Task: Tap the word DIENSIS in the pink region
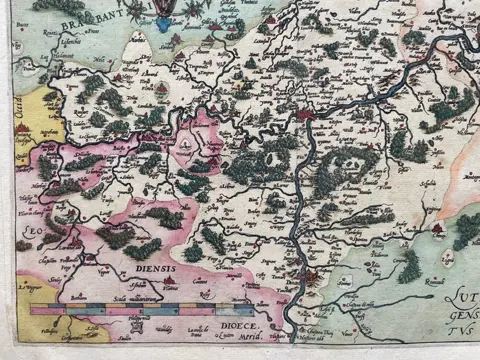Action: tap(151, 268)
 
